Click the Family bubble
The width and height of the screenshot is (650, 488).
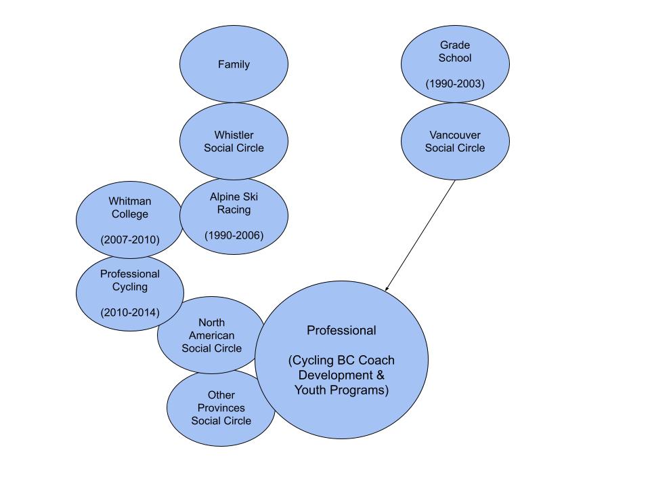(x=234, y=65)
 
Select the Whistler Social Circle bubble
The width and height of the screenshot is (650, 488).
(x=234, y=141)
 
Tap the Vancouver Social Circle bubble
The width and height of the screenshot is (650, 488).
(x=455, y=142)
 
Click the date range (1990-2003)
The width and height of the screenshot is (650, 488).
(x=455, y=83)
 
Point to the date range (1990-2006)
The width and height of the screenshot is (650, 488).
(x=234, y=235)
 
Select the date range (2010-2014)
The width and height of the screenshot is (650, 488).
(x=129, y=312)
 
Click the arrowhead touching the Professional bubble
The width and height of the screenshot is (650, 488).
(x=387, y=289)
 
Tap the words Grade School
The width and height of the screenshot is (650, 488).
(x=455, y=52)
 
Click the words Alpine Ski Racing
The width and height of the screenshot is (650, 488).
(x=234, y=203)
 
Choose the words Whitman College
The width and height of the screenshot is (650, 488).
(x=129, y=208)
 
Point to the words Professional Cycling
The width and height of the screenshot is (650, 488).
(x=129, y=281)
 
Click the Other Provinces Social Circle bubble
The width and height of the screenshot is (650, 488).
(x=221, y=408)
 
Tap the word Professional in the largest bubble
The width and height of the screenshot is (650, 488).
(x=341, y=331)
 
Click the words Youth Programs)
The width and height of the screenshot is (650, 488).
(x=341, y=390)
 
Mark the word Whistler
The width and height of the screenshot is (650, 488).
(x=234, y=134)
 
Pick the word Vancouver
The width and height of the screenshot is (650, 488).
(x=455, y=135)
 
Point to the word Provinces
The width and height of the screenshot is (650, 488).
(x=221, y=408)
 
